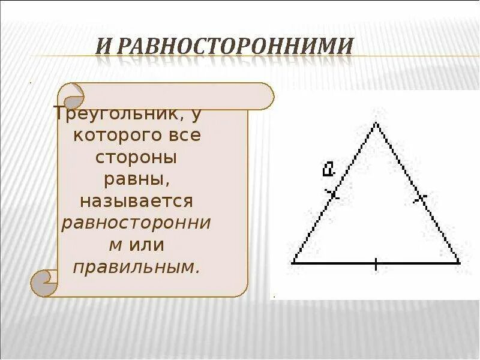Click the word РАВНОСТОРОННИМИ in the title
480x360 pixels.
233,46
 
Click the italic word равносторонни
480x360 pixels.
136,223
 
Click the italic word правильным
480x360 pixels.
136,267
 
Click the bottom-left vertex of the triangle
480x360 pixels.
293,262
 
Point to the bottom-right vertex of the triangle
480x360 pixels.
459,262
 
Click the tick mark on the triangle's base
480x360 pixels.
376,263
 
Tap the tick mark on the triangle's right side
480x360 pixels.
420,196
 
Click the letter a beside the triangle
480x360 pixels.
328,169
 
